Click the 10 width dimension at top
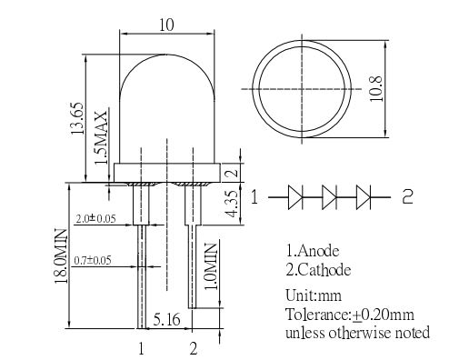pyautogui.click(x=166, y=25)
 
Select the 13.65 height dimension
pyautogui.click(x=77, y=118)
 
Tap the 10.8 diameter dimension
pyautogui.click(x=376, y=88)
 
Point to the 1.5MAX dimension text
pyautogui.click(x=101, y=138)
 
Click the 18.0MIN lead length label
pyautogui.click(x=61, y=256)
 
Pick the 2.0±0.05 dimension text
pyautogui.click(x=95, y=218)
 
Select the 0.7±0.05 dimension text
pyautogui.click(x=93, y=260)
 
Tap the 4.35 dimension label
pyautogui.click(x=233, y=204)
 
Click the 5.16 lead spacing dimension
pyautogui.click(x=166, y=319)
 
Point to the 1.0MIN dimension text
pyautogui.click(x=211, y=266)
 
